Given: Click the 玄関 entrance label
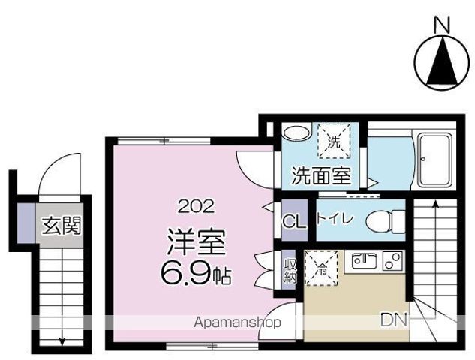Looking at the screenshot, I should pos(62,224).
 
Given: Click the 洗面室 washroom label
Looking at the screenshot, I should pos(322,176).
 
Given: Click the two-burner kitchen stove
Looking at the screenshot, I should pos(391,262).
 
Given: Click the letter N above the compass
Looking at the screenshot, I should pos(443,25).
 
